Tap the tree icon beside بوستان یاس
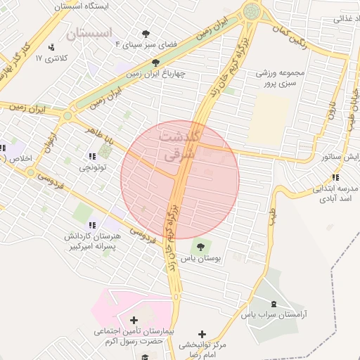click(201, 247)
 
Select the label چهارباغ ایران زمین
click(155, 72)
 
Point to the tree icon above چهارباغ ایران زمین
click(156, 62)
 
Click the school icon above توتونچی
click(91, 156)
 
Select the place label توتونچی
click(91, 167)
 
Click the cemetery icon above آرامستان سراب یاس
click(273, 304)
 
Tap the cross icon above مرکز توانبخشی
click(202, 334)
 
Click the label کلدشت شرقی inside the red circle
click(181, 145)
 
